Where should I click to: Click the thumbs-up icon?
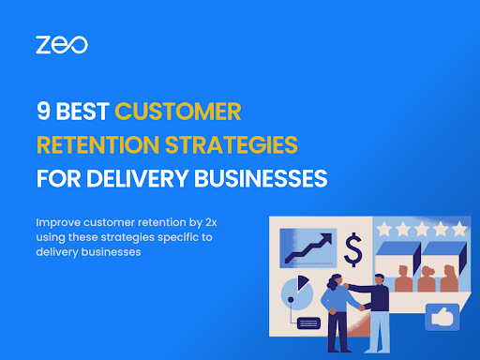click(441, 317)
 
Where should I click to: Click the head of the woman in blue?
click(337, 280)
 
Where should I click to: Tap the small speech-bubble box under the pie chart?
click(307, 323)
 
